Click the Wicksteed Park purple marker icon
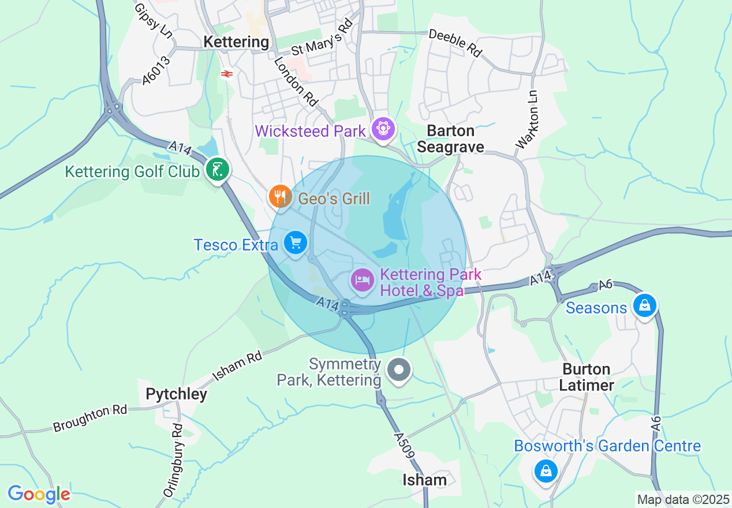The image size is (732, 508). coord(383,128)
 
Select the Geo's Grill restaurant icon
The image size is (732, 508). coord(280,196)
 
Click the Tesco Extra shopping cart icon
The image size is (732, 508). coord(296,242)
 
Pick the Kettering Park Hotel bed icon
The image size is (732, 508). coord(362,281)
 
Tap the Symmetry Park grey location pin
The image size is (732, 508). coord(398,369)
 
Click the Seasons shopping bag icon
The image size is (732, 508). coord(644,305)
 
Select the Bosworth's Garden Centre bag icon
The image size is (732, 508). coord(545,470)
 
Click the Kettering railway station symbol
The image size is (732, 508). coord(226,73)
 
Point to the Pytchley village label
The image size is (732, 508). coord(176,394)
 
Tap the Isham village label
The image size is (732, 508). coord(425,480)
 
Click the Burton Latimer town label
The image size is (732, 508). coord(587,377)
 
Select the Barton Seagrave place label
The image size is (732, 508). coord(450,139)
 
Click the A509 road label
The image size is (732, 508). coord(404,445)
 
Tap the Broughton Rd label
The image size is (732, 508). coord(89,419)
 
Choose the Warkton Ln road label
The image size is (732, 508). coord(527,119)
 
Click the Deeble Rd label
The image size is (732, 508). coord(455,43)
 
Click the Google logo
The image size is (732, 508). coord(39,494)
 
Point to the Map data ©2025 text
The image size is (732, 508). coord(682,499)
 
